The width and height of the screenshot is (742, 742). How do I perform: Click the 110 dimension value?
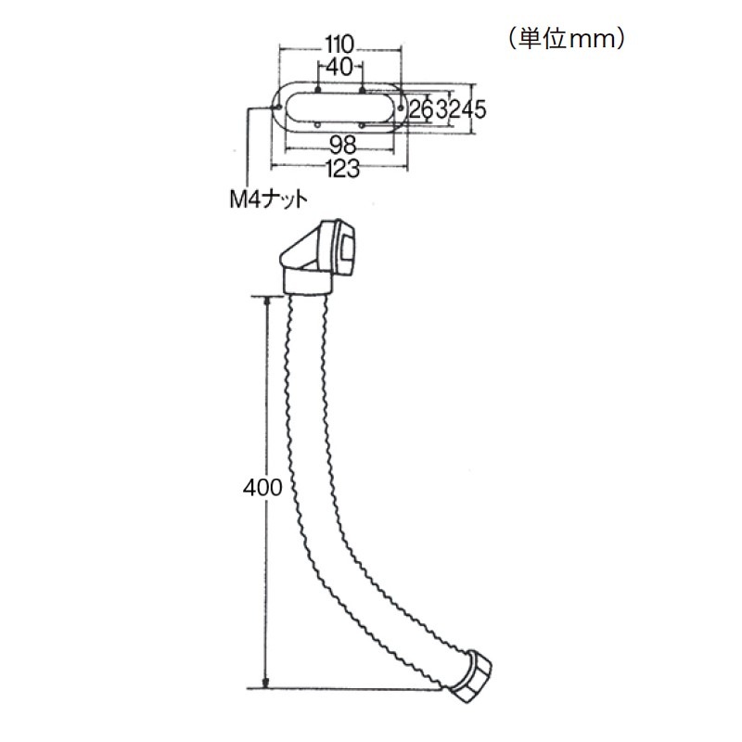point(339,45)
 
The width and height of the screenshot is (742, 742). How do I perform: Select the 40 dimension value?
point(339,68)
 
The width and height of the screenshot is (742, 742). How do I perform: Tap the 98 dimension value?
point(342,145)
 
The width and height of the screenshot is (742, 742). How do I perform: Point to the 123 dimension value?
point(343,169)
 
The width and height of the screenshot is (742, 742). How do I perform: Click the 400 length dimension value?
point(262,488)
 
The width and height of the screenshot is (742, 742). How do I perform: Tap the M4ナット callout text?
point(268,199)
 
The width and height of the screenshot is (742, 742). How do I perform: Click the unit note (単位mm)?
point(568,40)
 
